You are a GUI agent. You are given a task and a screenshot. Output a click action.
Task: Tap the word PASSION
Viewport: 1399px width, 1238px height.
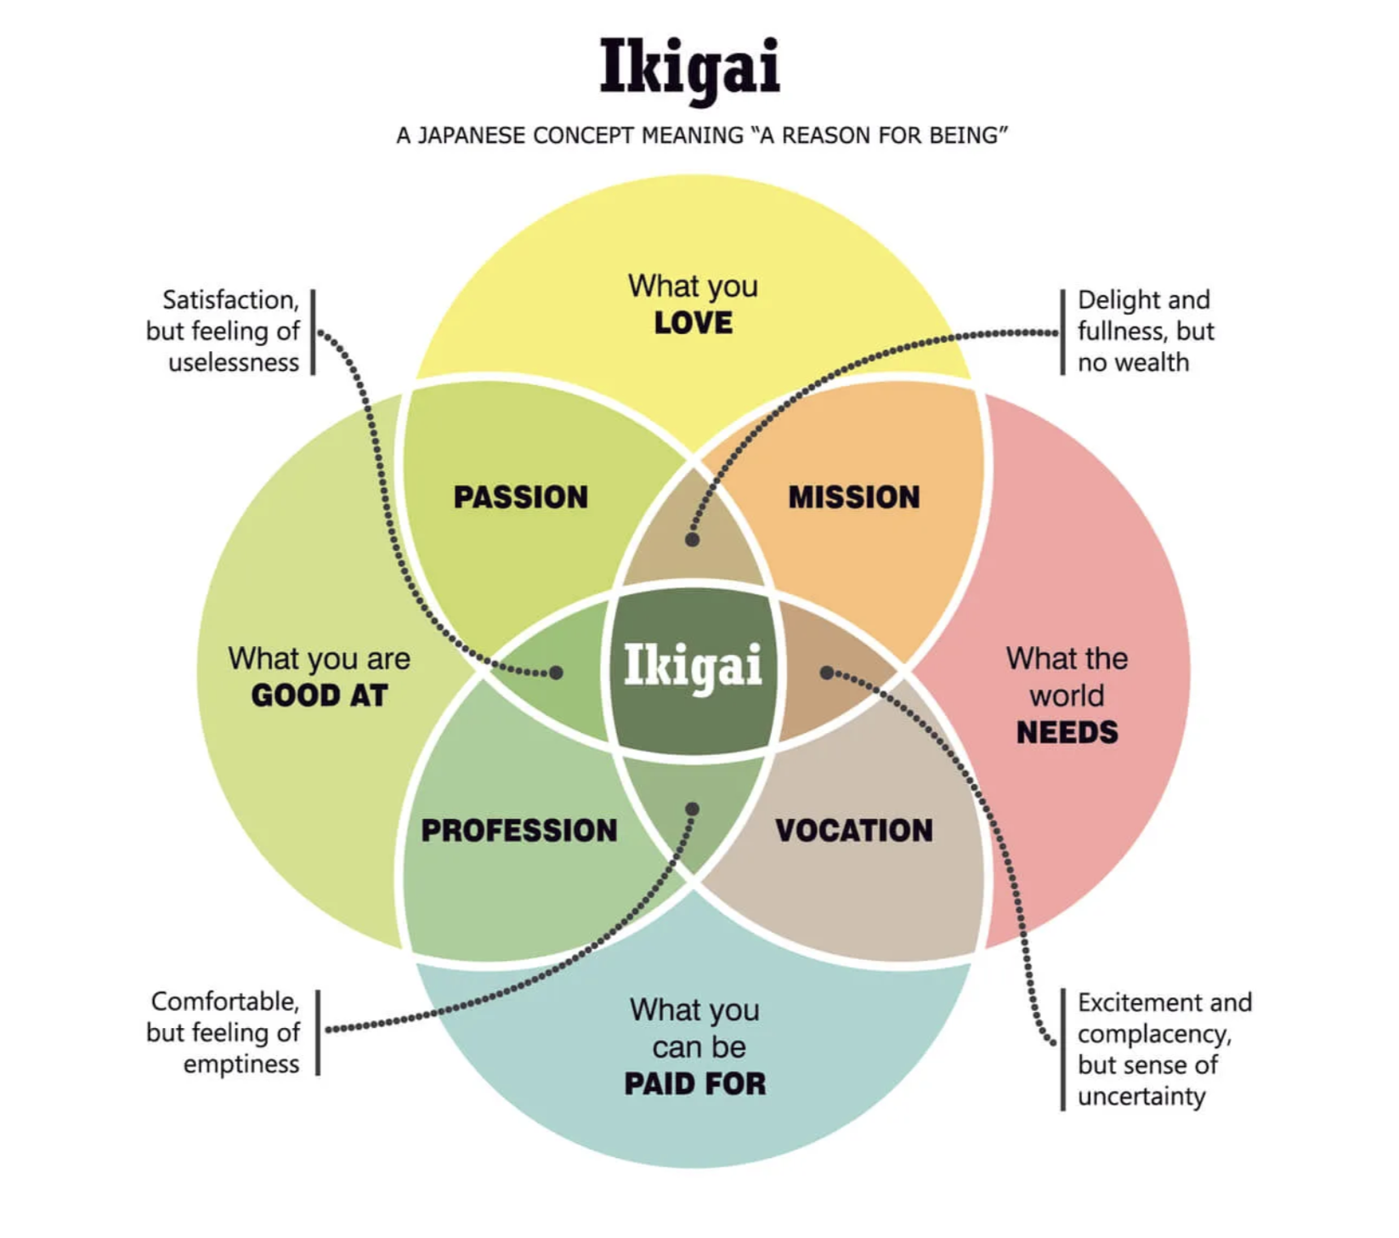[521, 497]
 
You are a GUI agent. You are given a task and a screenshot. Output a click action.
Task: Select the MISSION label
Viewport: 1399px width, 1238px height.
[854, 497]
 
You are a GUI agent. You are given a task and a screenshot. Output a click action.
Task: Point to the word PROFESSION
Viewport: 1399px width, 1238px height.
[519, 831]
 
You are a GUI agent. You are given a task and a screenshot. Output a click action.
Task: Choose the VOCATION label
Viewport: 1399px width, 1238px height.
[854, 831]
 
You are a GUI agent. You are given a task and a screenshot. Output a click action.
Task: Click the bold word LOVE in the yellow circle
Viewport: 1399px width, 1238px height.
[694, 323]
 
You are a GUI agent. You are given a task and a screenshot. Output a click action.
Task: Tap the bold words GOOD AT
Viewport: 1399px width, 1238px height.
[320, 696]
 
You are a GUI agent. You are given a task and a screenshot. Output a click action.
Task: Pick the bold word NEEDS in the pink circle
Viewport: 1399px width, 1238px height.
[1068, 732]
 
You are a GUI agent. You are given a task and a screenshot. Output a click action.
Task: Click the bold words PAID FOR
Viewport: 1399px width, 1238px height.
[695, 1084]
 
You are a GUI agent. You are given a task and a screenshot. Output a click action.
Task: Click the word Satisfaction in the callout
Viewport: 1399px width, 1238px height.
[230, 300]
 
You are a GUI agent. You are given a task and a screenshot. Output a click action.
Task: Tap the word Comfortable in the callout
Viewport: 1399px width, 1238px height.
[225, 1002]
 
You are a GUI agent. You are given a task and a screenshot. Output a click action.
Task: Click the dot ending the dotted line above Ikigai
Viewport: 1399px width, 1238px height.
[693, 539]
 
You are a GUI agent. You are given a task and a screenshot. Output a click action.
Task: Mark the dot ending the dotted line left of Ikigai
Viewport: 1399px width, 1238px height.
[556, 673]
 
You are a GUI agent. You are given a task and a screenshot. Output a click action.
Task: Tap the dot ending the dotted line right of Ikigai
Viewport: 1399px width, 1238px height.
[826, 673]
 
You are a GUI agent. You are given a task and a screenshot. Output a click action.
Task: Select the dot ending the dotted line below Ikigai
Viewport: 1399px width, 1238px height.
[693, 809]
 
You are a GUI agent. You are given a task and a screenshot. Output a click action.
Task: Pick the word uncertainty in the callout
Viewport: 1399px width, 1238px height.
[1141, 1097]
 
